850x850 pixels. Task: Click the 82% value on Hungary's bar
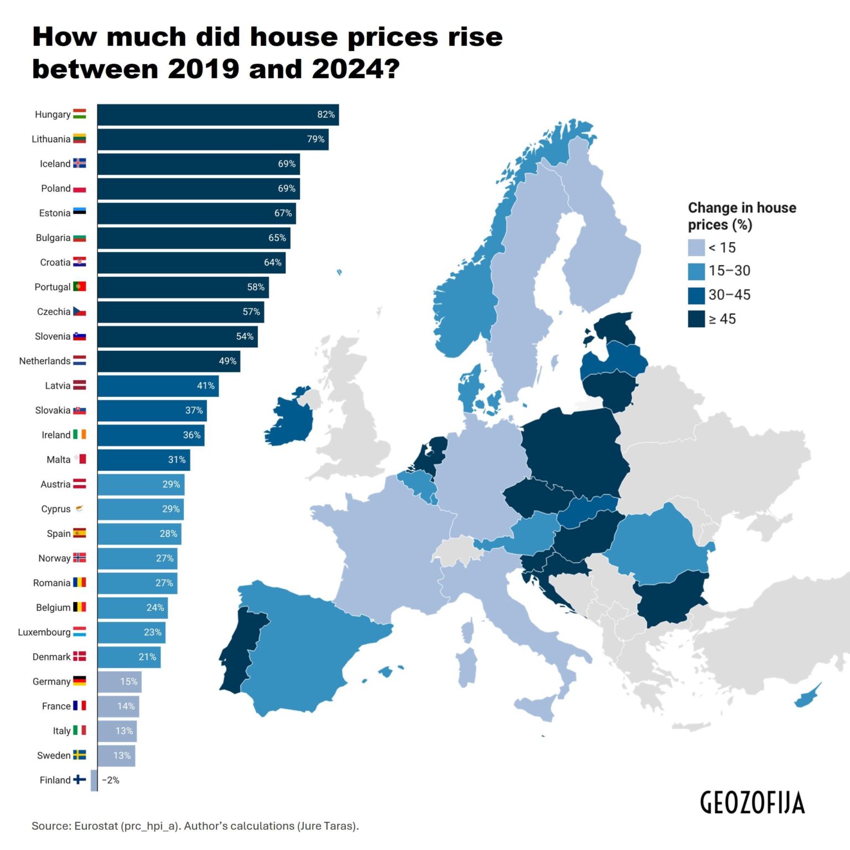point(325,115)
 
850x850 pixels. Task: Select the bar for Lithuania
point(212,139)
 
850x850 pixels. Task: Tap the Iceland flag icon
point(80,163)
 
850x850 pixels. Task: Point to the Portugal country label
point(52,287)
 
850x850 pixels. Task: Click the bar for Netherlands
point(168,361)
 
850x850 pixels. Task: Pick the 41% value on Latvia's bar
point(205,386)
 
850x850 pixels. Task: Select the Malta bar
point(143,460)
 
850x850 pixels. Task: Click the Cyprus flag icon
point(80,509)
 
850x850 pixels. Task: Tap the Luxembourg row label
point(44,632)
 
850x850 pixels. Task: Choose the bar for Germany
point(120,682)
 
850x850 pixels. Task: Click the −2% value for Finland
point(111,780)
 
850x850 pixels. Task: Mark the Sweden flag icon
point(80,755)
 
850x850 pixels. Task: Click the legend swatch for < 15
point(696,247)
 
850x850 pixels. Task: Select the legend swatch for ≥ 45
point(696,319)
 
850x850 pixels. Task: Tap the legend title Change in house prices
point(742,216)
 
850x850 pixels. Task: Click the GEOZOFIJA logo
point(752,802)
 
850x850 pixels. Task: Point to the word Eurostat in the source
point(96,826)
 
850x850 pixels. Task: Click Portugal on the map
point(238,653)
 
